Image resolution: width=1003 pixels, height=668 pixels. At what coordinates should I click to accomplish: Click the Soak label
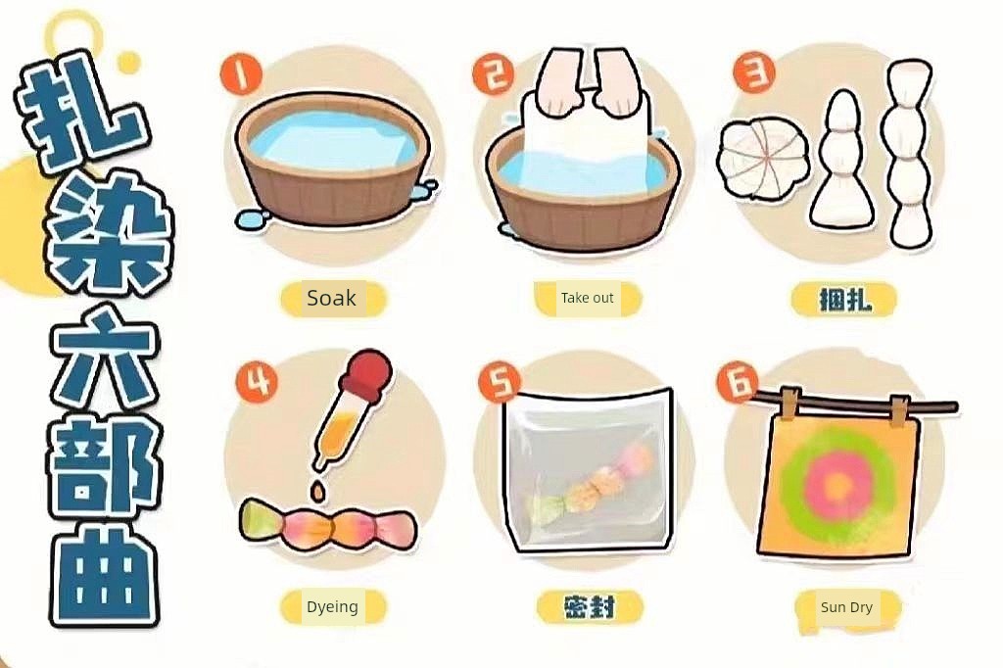331,298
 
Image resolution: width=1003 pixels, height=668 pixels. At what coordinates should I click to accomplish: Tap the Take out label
588,298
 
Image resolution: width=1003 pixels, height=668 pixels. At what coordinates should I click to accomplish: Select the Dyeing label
332,606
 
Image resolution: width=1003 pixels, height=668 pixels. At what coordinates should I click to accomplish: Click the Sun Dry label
846,607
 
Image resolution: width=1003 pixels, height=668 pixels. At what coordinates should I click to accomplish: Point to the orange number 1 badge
241,74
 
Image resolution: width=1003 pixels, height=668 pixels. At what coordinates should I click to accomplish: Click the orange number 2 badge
494,74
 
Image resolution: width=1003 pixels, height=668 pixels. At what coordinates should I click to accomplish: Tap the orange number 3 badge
754,72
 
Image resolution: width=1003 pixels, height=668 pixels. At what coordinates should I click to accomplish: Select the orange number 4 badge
258,382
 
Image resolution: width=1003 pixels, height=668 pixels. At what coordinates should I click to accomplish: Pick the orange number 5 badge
500,382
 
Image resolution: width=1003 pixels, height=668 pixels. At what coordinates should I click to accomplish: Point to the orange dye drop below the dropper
317,492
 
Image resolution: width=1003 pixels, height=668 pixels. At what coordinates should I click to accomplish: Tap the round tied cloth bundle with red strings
760,160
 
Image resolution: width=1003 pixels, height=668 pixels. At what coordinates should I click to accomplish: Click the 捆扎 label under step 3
845,299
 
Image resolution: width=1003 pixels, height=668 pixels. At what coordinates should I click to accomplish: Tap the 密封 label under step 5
590,606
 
